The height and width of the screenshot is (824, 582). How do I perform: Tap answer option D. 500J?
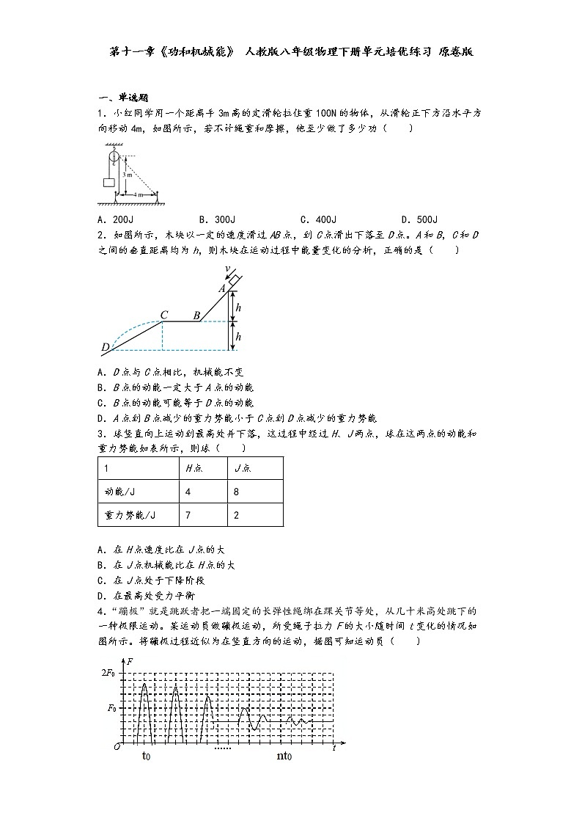click(419, 219)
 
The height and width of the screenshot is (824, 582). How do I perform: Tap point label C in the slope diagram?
click(165, 316)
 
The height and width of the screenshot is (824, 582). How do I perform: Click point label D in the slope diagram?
click(105, 347)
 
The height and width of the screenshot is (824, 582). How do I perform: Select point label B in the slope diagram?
click(196, 316)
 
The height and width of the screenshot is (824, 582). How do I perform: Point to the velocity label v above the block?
click(228, 269)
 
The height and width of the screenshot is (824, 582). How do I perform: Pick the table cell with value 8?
click(236, 492)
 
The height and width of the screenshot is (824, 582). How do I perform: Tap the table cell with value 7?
click(188, 515)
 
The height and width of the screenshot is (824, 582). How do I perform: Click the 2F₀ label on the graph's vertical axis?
click(108, 672)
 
